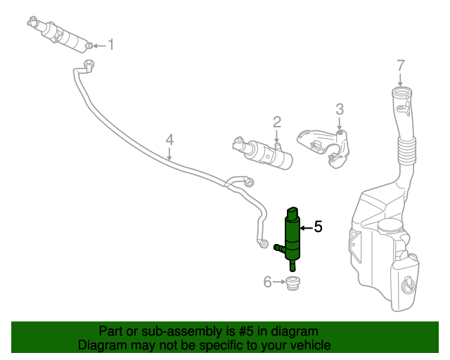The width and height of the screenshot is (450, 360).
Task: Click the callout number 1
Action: click(110, 46)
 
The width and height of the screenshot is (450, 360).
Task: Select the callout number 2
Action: click(277, 122)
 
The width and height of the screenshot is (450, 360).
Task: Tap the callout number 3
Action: click(340, 109)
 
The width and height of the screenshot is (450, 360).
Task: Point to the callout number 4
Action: click(169, 140)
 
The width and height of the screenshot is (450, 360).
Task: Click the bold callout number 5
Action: click(318, 226)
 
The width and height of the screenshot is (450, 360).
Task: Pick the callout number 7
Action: click(401, 65)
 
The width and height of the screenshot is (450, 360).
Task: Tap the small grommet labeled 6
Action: click(292, 283)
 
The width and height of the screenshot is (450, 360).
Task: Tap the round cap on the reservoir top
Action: click(390, 226)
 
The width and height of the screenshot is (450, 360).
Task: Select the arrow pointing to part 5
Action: click(306, 227)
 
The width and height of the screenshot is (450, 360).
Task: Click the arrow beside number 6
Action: click(279, 282)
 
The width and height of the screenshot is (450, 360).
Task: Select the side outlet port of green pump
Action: click(278, 247)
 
